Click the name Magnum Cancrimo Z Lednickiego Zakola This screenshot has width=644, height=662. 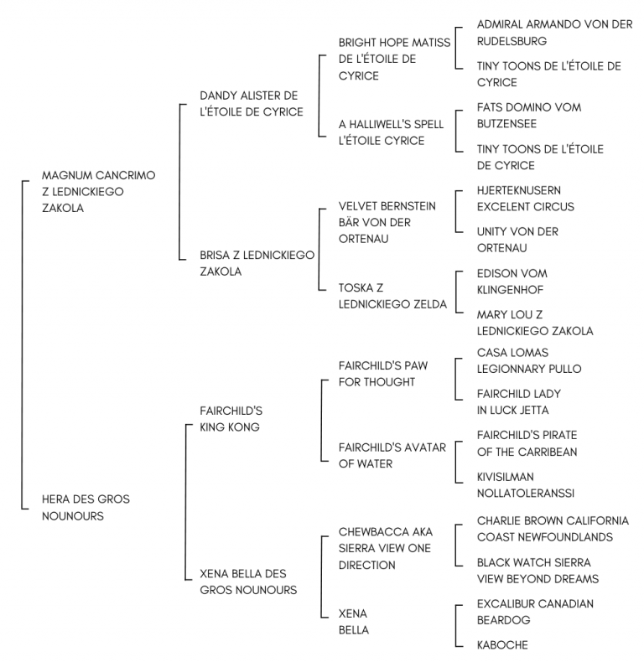click(x=98, y=192)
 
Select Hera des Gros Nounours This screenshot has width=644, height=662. click(x=86, y=508)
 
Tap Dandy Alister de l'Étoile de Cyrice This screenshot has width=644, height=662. click(x=252, y=103)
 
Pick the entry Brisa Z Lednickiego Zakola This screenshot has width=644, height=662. click(x=257, y=263)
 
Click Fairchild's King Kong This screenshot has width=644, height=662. click(x=231, y=419)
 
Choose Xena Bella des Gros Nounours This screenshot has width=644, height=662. click(x=248, y=582)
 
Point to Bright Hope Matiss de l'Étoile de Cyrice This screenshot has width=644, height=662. click(x=395, y=59)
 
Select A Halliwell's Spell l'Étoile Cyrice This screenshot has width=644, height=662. click(x=392, y=132)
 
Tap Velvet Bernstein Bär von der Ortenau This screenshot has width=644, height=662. click(x=387, y=223)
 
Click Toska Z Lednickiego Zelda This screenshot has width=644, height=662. click(x=392, y=296)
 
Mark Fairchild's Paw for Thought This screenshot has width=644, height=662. click(x=383, y=374)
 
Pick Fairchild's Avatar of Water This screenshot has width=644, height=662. click(x=392, y=456)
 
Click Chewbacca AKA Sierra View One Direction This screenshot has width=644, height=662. click(x=386, y=548)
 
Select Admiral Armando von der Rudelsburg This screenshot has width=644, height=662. click(x=555, y=33)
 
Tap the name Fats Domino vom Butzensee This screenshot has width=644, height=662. click(x=529, y=116)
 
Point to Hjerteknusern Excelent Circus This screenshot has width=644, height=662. click(x=526, y=199)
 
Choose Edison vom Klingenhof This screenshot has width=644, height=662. click(x=512, y=282)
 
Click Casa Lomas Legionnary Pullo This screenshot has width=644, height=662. click(x=529, y=360)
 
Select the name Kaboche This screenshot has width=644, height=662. click(x=502, y=644)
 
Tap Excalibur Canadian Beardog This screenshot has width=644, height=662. click(x=535, y=612)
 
